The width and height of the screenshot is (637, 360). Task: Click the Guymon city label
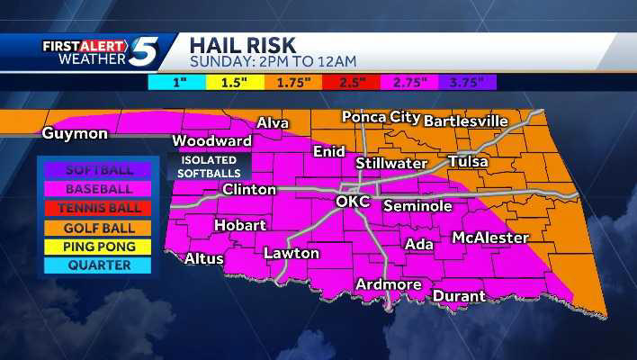(x=75, y=134)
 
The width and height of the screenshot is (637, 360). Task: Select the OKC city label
(x=353, y=202)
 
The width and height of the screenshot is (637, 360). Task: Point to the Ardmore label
(x=389, y=285)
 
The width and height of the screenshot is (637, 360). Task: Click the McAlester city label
(x=489, y=238)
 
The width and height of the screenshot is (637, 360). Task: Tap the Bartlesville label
(x=465, y=121)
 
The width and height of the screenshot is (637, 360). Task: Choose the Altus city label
(x=203, y=258)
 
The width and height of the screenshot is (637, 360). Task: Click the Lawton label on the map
(x=291, y=254)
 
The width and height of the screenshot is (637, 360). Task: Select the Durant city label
(x=459, y=295)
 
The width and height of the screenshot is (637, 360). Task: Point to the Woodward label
(x=211, y=141)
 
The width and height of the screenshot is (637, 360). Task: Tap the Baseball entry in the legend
(x=99, y=189)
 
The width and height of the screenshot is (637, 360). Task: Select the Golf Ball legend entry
(x=99, y=228)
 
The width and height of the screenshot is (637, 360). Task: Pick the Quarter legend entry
(x=99, y=265)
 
